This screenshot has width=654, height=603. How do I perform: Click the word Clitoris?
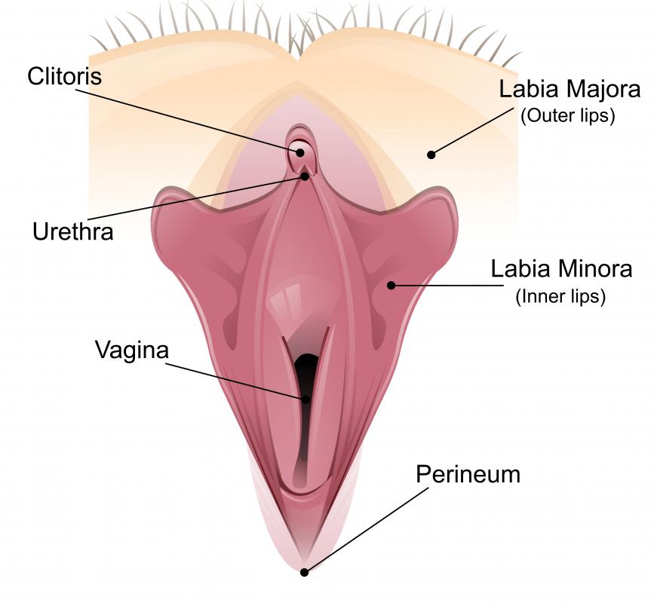[x=65, y=76]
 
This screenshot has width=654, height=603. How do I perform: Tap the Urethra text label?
[x=73, y=231]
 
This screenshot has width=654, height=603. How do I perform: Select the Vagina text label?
[x=132, y=350]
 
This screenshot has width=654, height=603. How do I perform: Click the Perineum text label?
[x=468, y=474]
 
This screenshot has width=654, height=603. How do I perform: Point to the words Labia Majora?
[x=570, y=89]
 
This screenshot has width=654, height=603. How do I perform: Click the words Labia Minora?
[x=561, y=269]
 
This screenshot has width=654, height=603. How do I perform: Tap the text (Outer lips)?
[x=568, y=116]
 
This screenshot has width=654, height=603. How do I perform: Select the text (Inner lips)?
[x=560, y=297]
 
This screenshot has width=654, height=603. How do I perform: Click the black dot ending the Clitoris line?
[x=300, y=152]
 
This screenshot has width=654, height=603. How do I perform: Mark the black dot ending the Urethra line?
[x=305, y=176]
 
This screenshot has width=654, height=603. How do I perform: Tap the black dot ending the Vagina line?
[x=306, y=399]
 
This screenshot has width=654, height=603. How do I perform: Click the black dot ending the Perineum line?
[x=305, y=573]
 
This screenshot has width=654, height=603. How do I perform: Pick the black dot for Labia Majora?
[x=431, y=155]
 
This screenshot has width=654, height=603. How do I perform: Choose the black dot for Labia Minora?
[x=391, y=286]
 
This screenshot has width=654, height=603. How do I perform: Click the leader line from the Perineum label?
[x=366, y=531]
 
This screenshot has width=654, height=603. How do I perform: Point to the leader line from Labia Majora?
[x=472, y=131]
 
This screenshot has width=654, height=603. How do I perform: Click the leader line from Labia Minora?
[x=447, y=286]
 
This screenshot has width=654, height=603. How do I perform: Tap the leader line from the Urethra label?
[x=196, y=198]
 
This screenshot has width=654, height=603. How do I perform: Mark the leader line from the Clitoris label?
[x=188, y=121]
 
